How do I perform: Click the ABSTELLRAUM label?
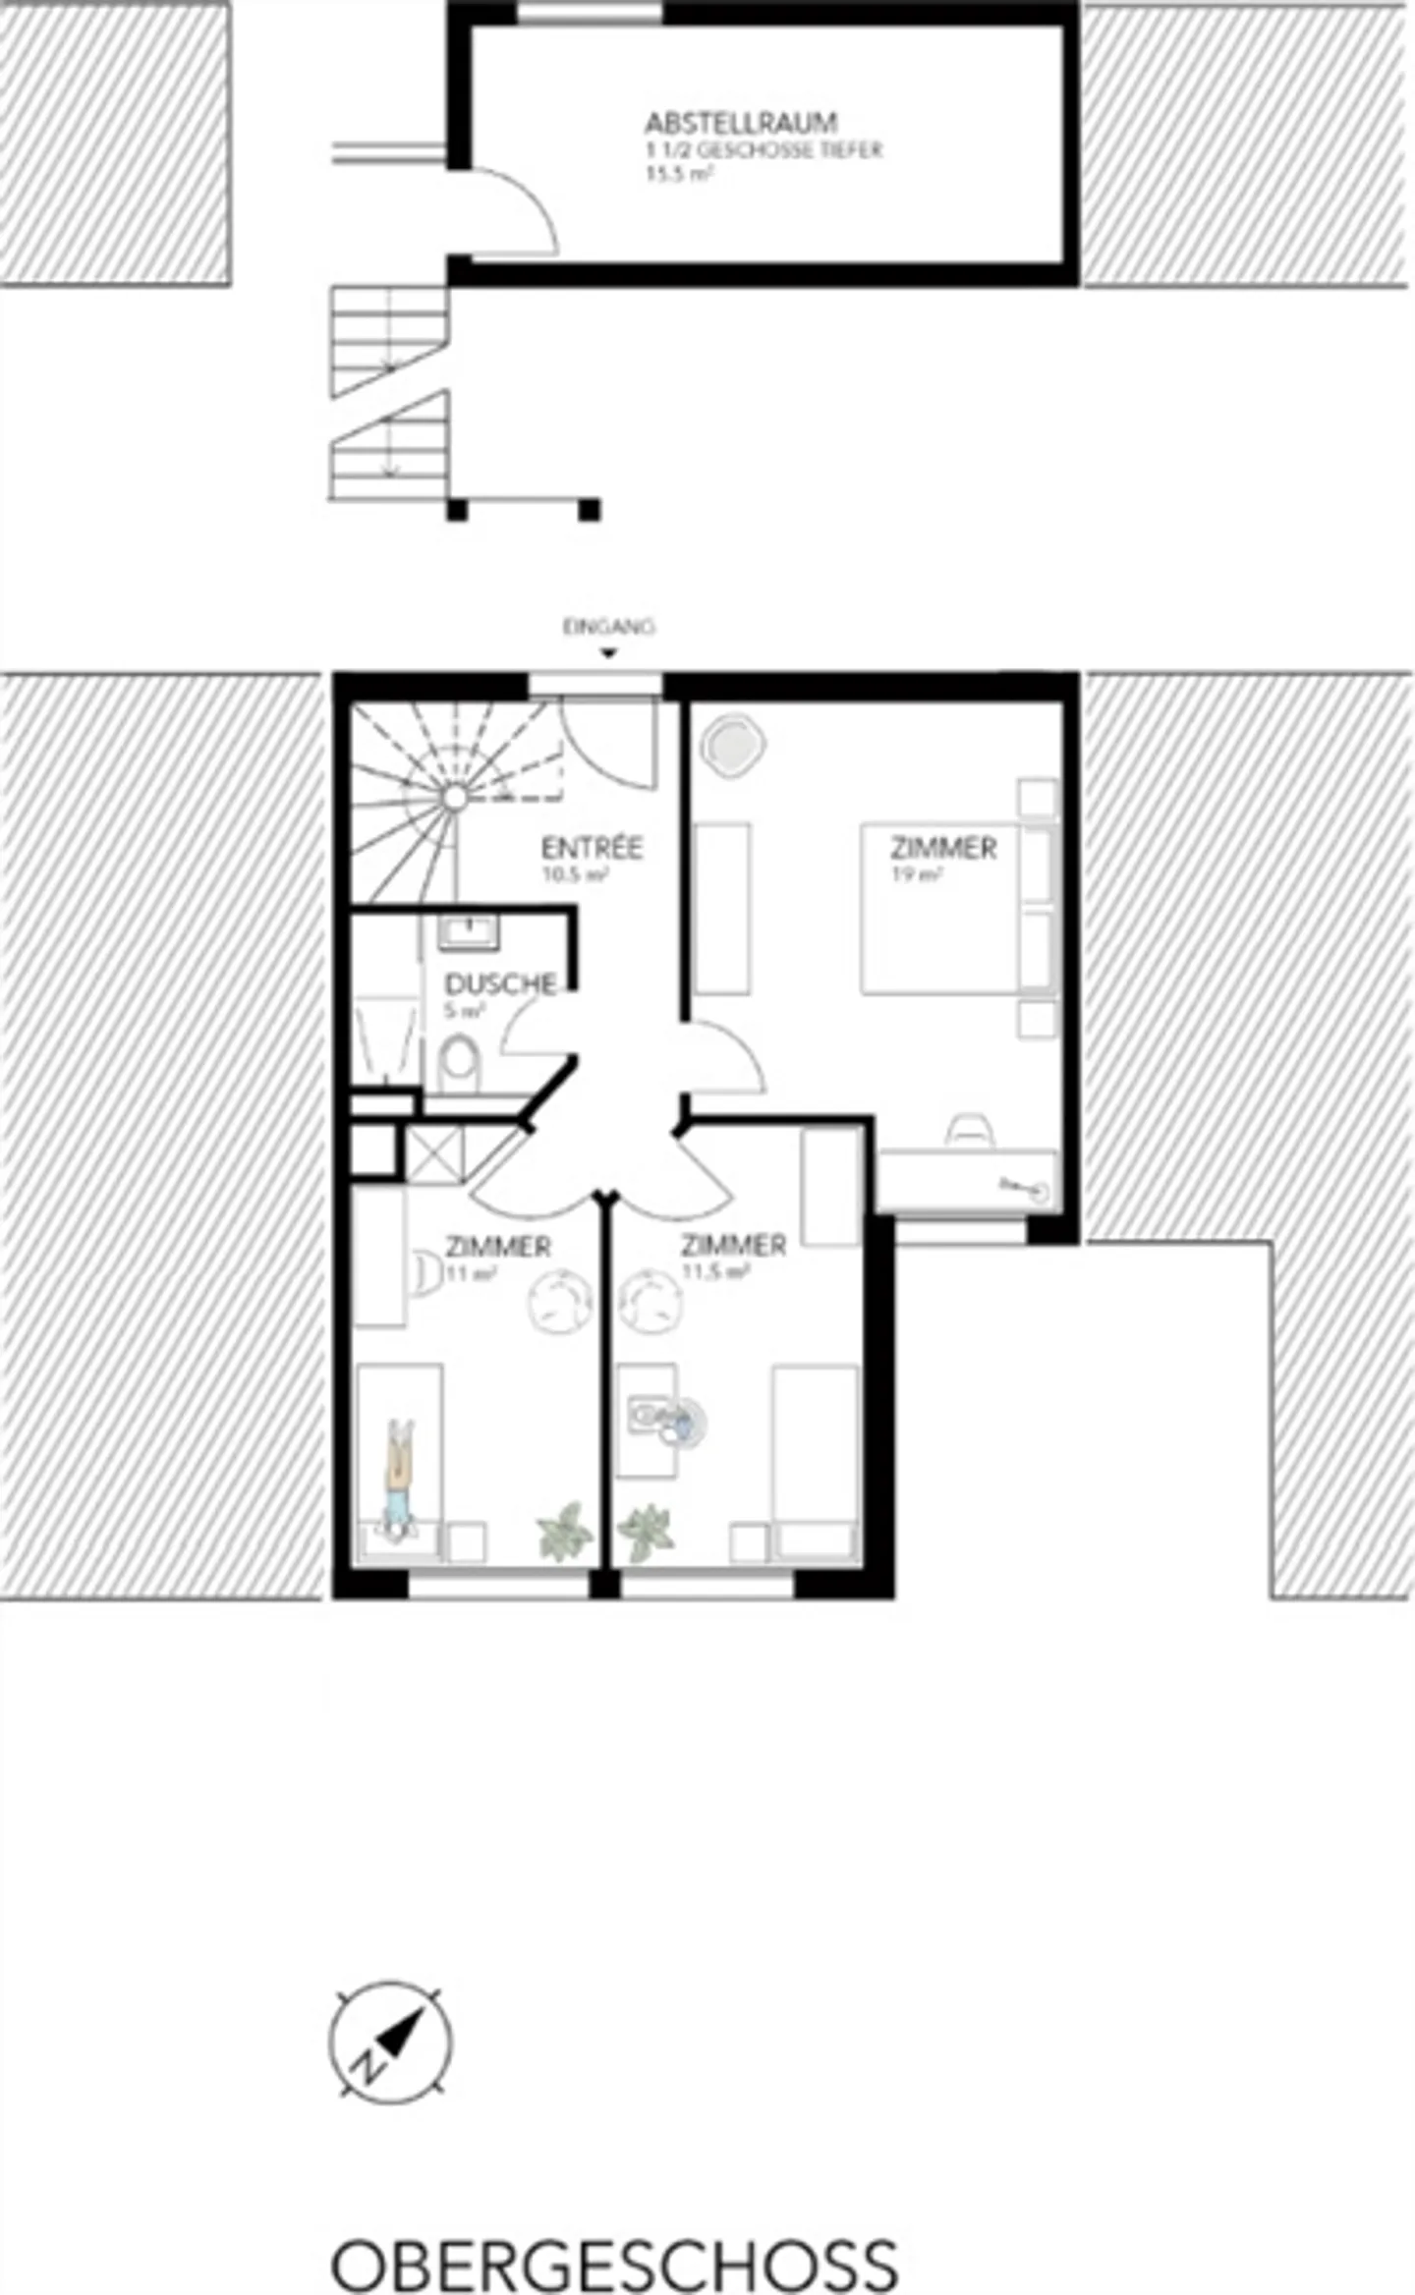click(x=741, y=123)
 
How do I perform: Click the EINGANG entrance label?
click(x=608, y=626)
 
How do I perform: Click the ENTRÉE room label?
click(x=592, y=847)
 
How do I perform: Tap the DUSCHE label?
click(x=500, y=983)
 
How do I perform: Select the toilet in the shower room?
click(x=459, y=1061)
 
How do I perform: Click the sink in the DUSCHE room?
click(x=470, y=929)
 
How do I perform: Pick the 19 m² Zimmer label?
click(x=943, y=848)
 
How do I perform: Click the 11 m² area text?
click(x=471, y=1274)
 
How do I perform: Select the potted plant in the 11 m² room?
click(x=565, y=1531)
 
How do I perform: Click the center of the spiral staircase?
click(x=453, y=797)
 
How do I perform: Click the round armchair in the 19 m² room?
click(x=731, y=744)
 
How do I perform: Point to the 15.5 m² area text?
click(x=678, y=175)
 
